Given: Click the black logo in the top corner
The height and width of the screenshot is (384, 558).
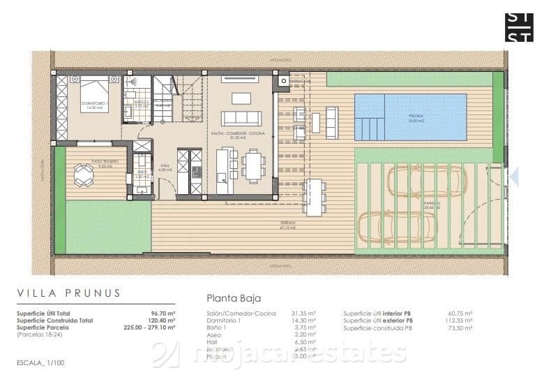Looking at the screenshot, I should point(519,27).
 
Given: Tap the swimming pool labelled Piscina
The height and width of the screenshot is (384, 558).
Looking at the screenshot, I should point(410,117).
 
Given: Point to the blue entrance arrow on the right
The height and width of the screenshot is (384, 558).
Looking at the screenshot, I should point(515,176).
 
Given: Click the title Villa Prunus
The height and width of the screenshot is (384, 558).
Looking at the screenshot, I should point(69,293).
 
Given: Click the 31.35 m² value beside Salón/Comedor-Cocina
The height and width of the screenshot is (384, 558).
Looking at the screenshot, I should point(304,313).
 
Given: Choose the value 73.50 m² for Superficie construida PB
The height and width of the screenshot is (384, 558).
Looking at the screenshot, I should point(461,327).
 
